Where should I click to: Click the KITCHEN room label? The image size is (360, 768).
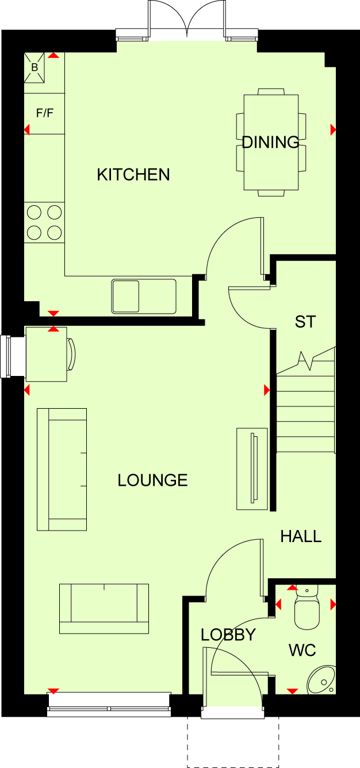(x=133, y=175)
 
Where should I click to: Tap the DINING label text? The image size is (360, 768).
(x=270, y=143)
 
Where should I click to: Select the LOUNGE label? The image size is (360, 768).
(x=152, y=481)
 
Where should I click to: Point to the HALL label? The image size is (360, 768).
(x=301, y=536)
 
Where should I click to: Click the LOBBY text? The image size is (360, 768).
(x=228, y=635)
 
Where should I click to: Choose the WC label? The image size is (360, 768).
(x=302, y=650)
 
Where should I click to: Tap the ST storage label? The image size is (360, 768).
(x=305, y=322)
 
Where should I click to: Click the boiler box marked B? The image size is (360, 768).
(x=35, y=67)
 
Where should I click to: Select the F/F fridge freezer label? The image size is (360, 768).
(x=45, y=113)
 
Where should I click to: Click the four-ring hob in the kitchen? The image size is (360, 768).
(x=44, y=223)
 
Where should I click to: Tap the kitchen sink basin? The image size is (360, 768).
(x=125, y=297)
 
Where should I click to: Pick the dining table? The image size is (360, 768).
(x=271, y=143)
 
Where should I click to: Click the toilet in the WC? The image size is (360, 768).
(x=307, y=607)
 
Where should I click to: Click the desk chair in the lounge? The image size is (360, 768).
(x=71, y=354)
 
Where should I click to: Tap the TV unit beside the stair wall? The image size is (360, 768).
(x=252, y=469)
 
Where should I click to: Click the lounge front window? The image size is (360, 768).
(x=109, y=705)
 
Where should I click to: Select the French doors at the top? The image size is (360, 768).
(x=187, y=19)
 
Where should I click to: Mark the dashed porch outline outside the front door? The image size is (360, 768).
(x=233, y=743)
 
